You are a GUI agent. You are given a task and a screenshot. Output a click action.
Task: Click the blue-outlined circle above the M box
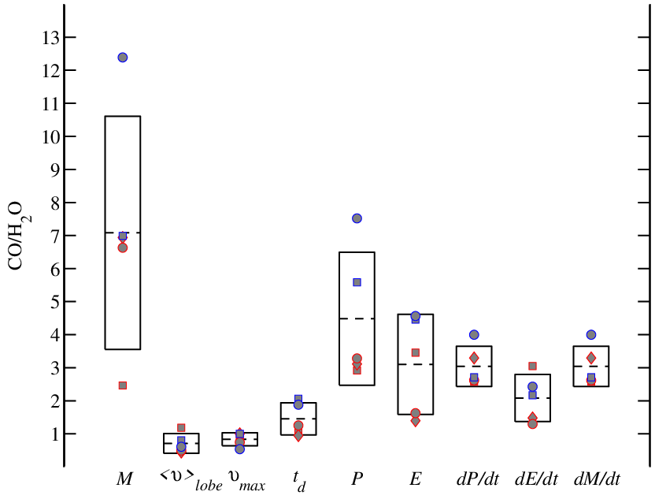[x=122, y=58]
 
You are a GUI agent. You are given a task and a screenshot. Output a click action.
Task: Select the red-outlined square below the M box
[x=122, y=385]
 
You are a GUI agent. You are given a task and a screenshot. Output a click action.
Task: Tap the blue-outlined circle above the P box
[x=357, y=218]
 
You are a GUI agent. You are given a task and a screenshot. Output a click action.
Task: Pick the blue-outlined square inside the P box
[x=357, y=282]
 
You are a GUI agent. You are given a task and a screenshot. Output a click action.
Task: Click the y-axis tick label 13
[x=51, y=38]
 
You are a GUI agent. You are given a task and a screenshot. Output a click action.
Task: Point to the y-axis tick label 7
[x=55, y=236]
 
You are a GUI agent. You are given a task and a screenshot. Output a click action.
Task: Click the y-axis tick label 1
[x=56, y=434]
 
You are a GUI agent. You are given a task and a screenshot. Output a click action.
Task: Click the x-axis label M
[x=124, y=479]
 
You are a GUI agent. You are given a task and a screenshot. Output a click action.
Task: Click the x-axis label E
[x=415, y=479]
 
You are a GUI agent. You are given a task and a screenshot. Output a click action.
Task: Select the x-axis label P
[x=357, y=479]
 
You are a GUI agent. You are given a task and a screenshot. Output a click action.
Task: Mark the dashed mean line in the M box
[x=122, y=233]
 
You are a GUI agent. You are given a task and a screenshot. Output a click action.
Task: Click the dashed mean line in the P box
[x=357, y=318]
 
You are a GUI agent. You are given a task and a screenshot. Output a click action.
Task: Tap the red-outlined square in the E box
[x=415, y=352]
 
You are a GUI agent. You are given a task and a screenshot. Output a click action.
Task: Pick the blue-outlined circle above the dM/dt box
[x=591, y=334]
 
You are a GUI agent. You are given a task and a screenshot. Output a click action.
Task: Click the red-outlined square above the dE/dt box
[x=533, y=366]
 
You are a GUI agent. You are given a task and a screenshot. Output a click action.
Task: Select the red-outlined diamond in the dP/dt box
[x=474, y=358]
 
